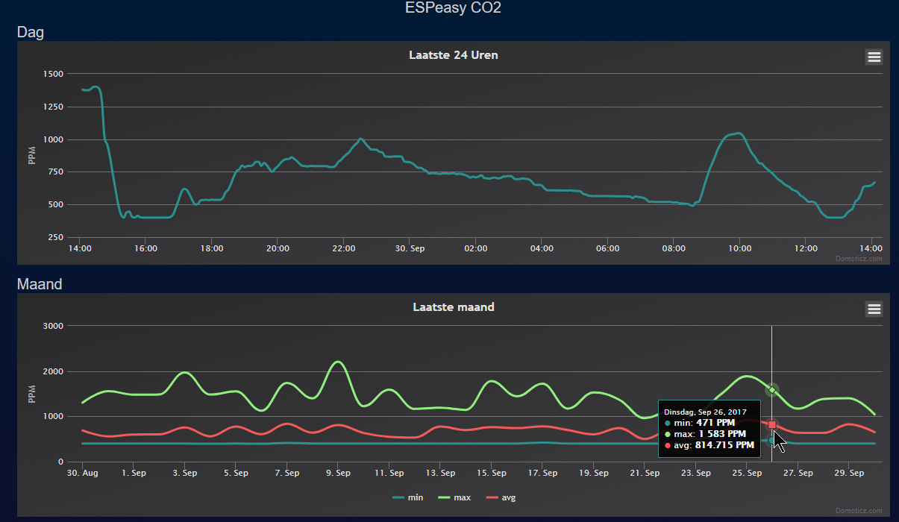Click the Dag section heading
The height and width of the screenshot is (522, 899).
(x=31, y=32)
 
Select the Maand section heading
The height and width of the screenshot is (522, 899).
(x=40, y=284)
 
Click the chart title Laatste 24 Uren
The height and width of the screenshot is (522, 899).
(x=454, y=55)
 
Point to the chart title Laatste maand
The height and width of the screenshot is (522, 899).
(x=454, y=307)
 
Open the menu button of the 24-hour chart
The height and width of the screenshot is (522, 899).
(x=874, y=57)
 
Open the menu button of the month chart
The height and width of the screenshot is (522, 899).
(x=874, y=309)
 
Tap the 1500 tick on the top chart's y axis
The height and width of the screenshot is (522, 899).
(x=54, y=74)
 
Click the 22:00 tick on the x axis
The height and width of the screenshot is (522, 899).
(x=343, y=248)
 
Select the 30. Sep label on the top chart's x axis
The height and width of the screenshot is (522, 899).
(x=410, y=248)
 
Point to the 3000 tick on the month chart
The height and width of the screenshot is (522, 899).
(x=54, y=326)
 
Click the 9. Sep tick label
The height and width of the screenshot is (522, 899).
(x=338, y=473)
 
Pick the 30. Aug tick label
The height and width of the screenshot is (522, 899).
(x=82, y=473)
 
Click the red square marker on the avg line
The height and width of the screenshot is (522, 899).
(x=772, y=425)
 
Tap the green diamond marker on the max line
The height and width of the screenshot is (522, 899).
(x=772, y=390)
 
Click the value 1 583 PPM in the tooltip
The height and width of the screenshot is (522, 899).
(x=721, y=433)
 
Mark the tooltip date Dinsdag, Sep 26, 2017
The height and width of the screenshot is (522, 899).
(x=705, y=412)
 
